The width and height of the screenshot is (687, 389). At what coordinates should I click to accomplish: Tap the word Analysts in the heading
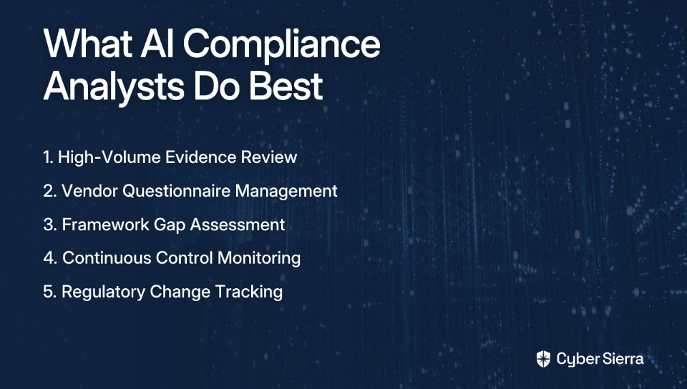(114, 86)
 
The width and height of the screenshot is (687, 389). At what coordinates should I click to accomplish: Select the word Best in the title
(286, 85)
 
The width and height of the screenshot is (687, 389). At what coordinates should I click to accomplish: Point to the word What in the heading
(87, 44)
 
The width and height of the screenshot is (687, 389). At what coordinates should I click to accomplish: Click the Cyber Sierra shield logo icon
(543, 359)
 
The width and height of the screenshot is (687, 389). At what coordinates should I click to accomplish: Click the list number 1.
(48, 157)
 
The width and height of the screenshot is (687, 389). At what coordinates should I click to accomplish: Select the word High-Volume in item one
(109, 157)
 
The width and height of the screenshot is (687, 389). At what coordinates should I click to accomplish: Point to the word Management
(286, 191)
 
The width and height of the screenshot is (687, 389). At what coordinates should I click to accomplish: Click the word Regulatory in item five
(103, 292)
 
